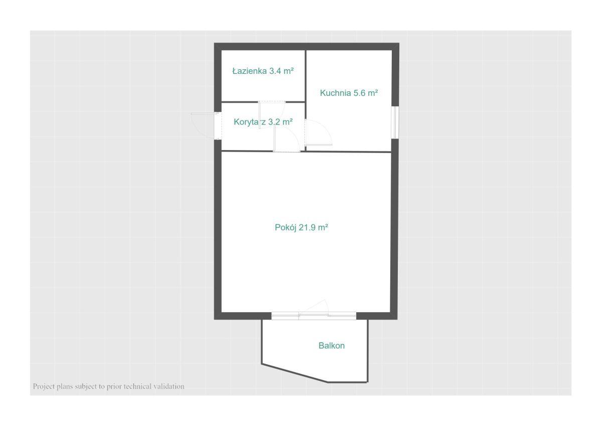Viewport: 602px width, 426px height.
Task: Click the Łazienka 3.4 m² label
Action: (x=263, y=71)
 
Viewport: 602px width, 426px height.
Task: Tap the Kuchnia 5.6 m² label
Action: (x=349, y=93)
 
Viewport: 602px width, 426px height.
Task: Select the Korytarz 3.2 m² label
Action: (x=263, y=122)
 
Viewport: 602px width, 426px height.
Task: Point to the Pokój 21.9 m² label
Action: (x=302, y=228)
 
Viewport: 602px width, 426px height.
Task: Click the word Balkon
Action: (x=332, y=346)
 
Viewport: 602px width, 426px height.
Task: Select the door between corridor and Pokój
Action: (x=286, y=138)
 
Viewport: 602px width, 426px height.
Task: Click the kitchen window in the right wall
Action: (x=395, y=122)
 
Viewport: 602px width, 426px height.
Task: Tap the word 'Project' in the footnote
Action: (x=44, y=387)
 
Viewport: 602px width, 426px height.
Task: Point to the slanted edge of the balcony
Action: (x=294, y=373)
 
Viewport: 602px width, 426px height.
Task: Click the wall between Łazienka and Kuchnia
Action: (x=306, y=76)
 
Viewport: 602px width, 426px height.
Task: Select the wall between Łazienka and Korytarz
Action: (x=263, y=102)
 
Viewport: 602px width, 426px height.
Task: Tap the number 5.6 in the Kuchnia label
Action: (x=359, y=93)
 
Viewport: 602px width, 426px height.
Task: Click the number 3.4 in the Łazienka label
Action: (x=275, y=71)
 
